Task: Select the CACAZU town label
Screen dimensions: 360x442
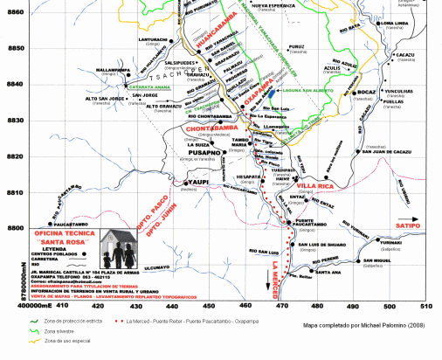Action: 405,54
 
